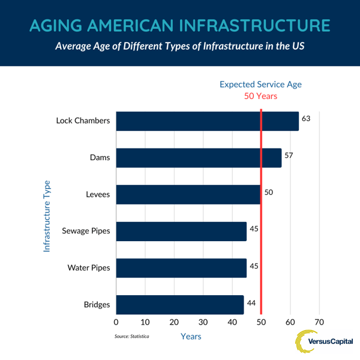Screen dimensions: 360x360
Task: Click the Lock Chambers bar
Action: (x=207, y=121)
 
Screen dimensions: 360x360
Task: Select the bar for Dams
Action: (x=199, y=158)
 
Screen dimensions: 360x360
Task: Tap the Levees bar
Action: (x=188, y=195)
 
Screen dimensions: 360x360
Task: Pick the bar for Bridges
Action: (x=180, y=305)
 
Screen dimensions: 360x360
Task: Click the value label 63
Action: (x=306, y=119)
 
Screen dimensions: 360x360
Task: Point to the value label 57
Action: (x=289, y=155)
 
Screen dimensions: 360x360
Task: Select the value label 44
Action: (x=251, y=302)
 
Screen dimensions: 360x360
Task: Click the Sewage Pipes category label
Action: (x=86, y=232)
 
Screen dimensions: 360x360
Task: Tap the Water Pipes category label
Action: (x=88, y=268)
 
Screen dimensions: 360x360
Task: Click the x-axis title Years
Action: (x=191, y=337)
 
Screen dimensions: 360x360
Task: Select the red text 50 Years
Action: (x=260, y=96)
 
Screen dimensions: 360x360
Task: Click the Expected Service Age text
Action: (x=260, y=84)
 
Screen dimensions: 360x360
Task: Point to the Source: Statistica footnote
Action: (x=131, y=337)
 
